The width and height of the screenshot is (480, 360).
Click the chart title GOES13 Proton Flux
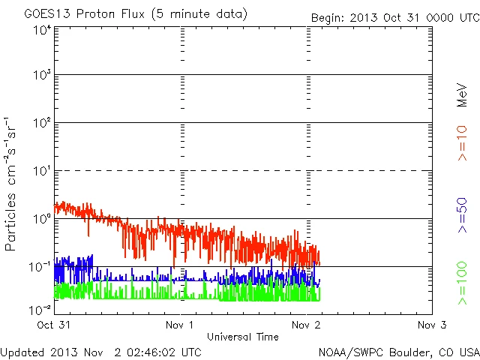[x=125, y=14]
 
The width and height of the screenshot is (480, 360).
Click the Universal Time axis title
[x=242, y=337]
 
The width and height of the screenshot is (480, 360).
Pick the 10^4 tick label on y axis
[x=42, y=30]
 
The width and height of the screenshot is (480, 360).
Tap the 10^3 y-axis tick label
[x=42, y=76]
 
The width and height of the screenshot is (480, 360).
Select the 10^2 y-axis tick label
[x=42, y=124]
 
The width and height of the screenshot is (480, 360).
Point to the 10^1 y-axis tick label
[x=42, y=172]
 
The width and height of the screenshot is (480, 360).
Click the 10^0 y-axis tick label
[x=42, y=220]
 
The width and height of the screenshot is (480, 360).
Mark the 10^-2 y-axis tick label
[x=40, y=310]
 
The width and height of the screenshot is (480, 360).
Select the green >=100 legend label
[x=463, y=283]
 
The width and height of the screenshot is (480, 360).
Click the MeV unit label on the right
[x=463, y=95]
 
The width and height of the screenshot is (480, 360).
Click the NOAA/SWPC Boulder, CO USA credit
[x=398, y=351]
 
